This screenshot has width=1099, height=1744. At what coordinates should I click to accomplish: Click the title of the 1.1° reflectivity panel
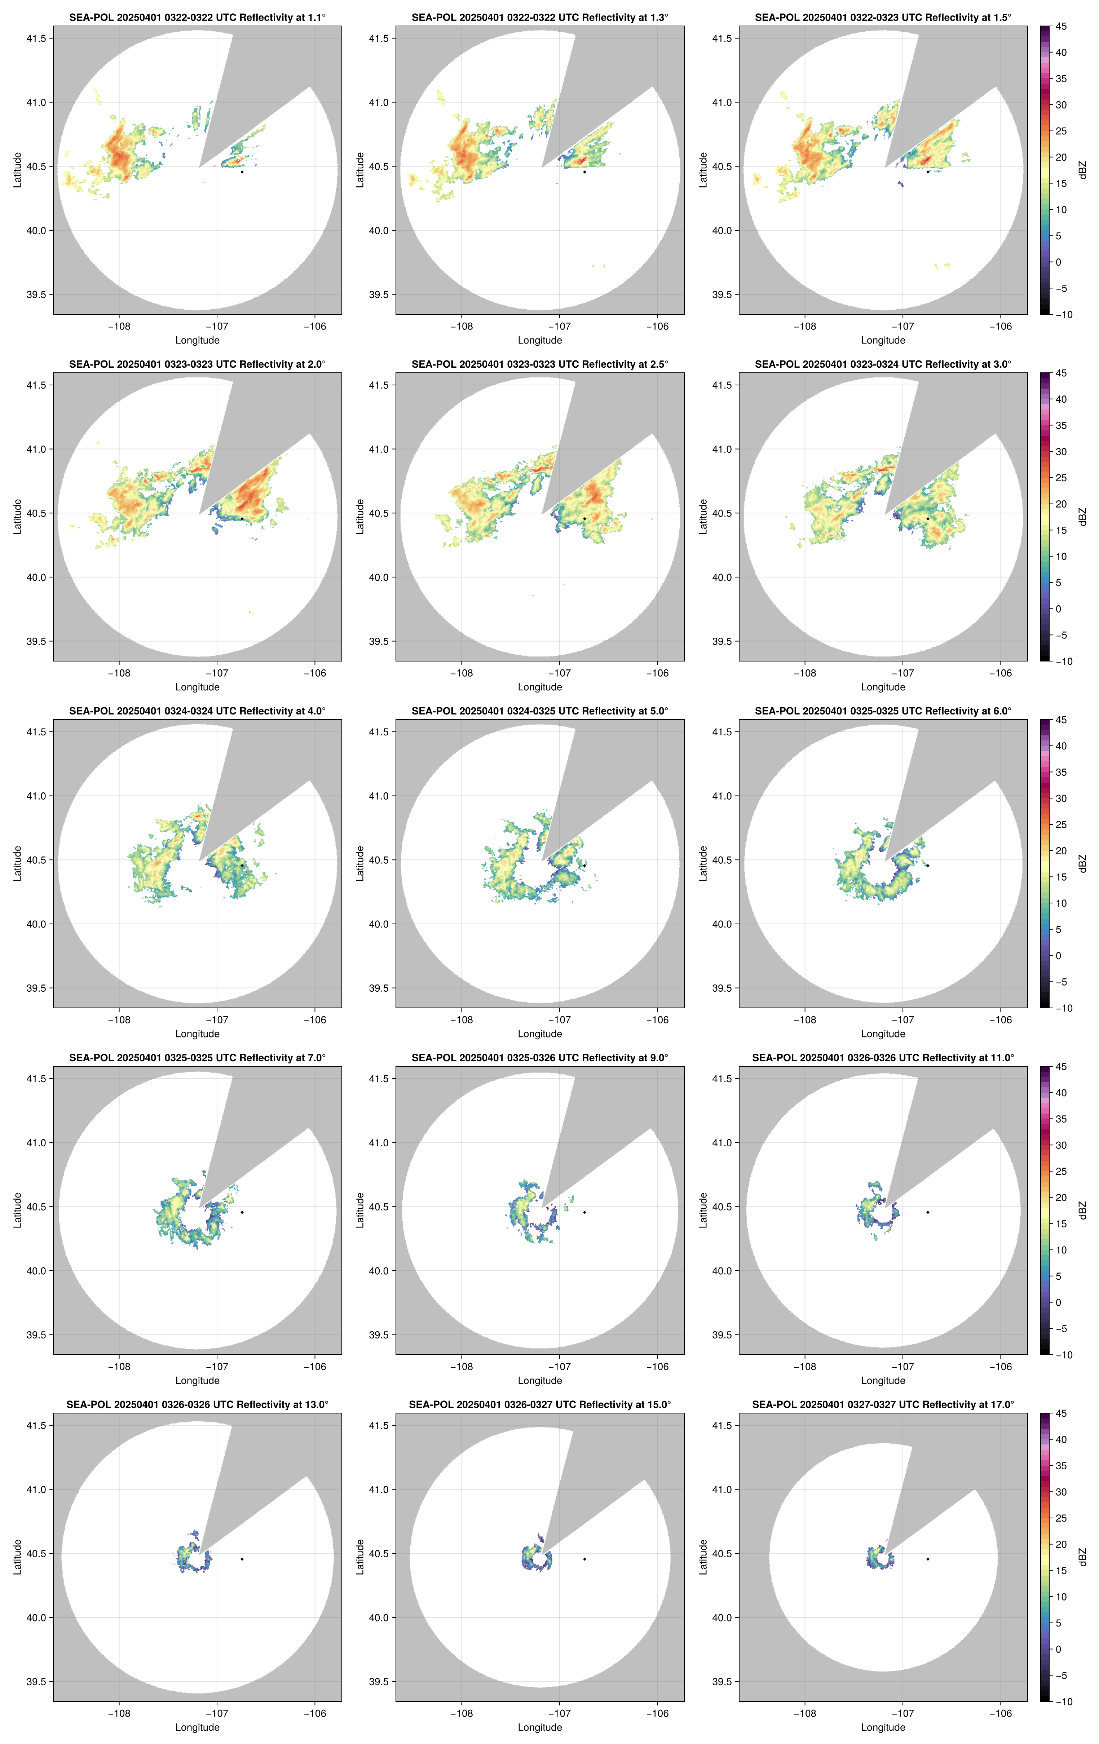tap(197, 17)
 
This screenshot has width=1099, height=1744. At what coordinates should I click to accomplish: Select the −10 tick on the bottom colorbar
tap(1063, 1701)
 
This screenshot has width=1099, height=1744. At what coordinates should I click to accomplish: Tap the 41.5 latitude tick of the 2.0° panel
tap(36, 385)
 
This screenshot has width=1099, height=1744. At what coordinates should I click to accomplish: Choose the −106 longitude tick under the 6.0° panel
tap(1001, 1020)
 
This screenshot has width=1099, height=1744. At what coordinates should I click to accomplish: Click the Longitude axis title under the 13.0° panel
tap(197, 1727)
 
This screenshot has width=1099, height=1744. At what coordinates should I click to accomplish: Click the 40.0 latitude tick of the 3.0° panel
tap(722, 577)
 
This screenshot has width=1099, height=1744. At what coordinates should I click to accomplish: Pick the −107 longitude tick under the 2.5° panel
tap(559, 673)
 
